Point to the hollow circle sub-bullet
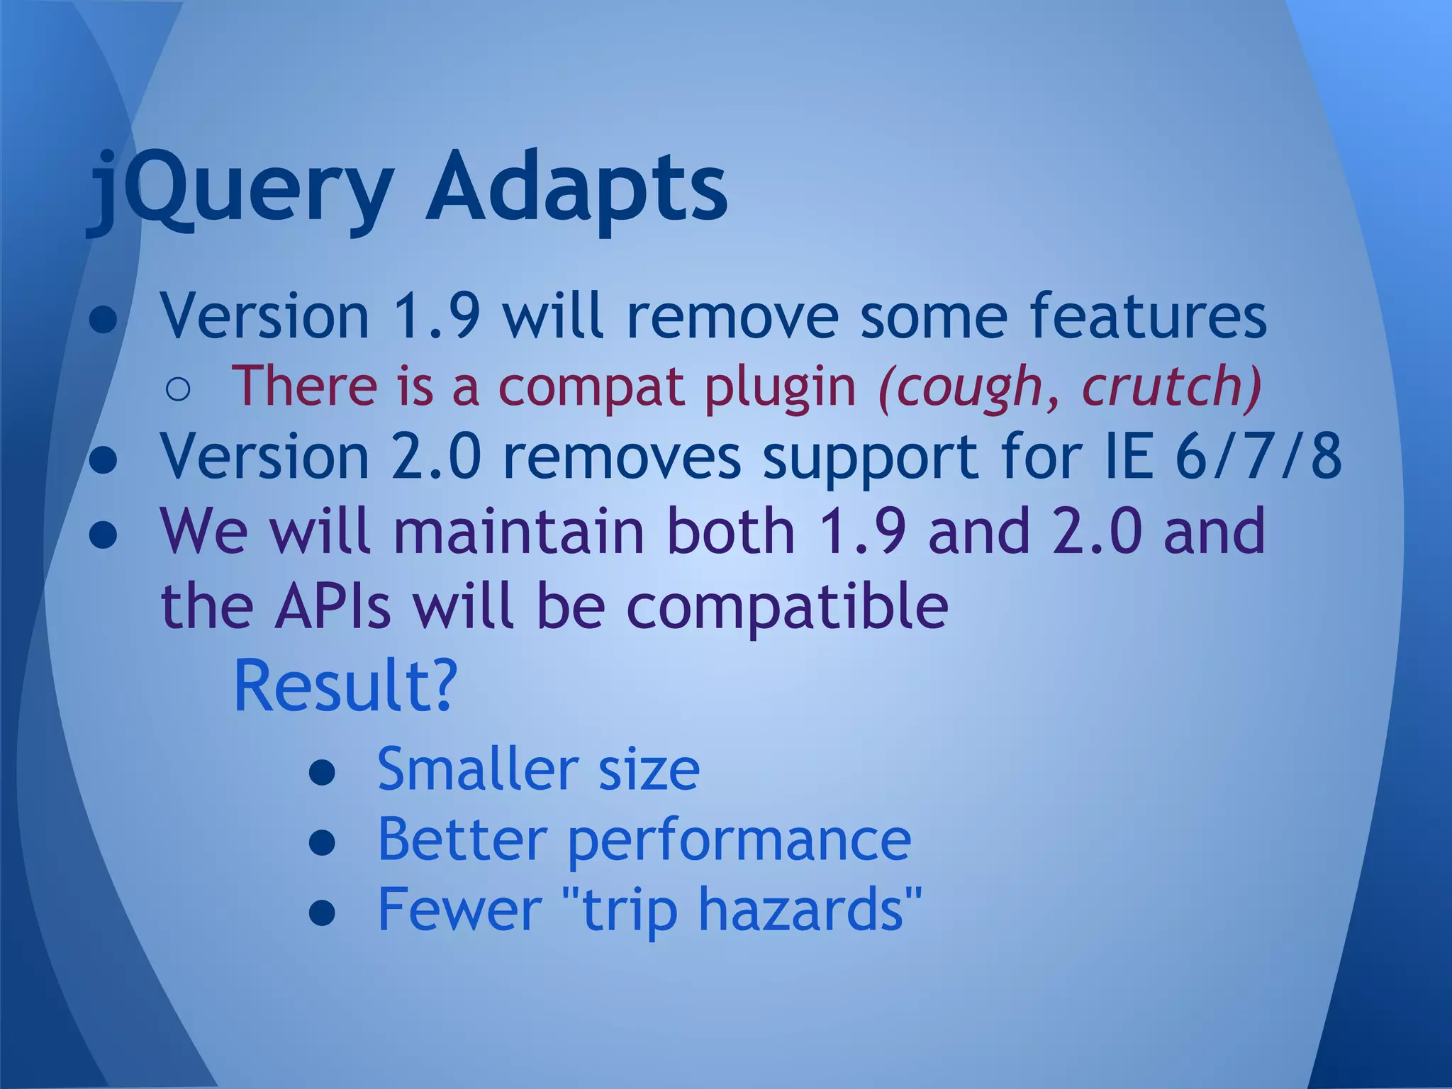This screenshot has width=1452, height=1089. coord(178,389)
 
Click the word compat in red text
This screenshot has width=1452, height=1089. coord(595,388)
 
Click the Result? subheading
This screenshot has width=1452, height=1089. coord(345,686)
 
